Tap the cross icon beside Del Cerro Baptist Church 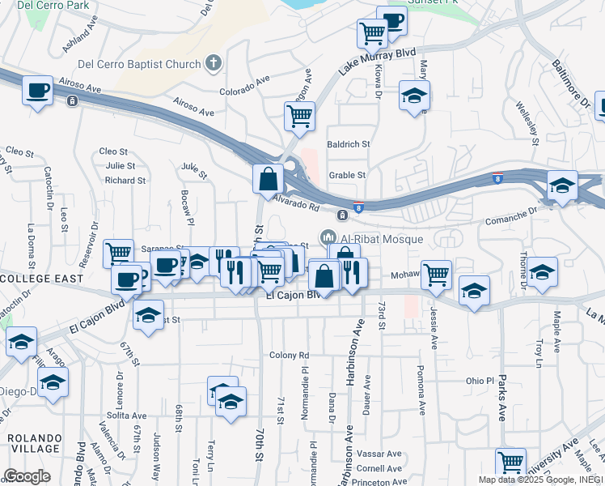[214, 63]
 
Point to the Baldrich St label [348, 144]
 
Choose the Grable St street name [348, 174]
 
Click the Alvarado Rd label [295, 206]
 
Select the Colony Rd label [290, 355]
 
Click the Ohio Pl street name [479, 381]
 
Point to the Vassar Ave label [379, 454]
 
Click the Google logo [27, 476]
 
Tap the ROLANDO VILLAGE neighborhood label [34, 443]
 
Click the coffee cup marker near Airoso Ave [37, 91]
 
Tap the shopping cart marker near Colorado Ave [299, 117]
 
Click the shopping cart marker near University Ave [510, 463]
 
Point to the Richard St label [125, 181]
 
